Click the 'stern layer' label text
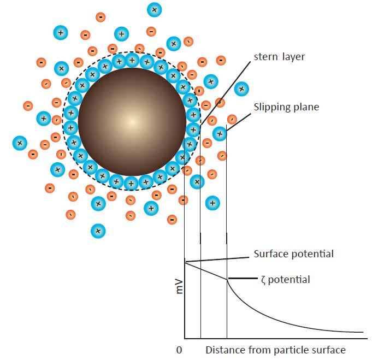click(279, 57)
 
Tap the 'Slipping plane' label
click(286, 107)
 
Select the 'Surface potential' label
click(294, 254)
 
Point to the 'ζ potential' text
click(286, 280)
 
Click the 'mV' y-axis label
click(179, 287)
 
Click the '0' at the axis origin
click(179, 350)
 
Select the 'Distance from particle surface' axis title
click(275, 350)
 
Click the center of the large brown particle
click(132, 122)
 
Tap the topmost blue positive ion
click(154, 10)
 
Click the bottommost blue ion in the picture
click(98, 231)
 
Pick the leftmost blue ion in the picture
click(20, 143)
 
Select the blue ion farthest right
click(241, 88)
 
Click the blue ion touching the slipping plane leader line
click(220, 134)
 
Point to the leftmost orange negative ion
click(28, 106)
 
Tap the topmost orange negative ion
click(101, 17)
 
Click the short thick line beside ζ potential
click(243, 279)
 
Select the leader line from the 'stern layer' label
click(226, 93)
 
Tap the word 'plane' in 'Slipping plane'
click(306, 108)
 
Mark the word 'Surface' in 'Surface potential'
click(270, 254)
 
